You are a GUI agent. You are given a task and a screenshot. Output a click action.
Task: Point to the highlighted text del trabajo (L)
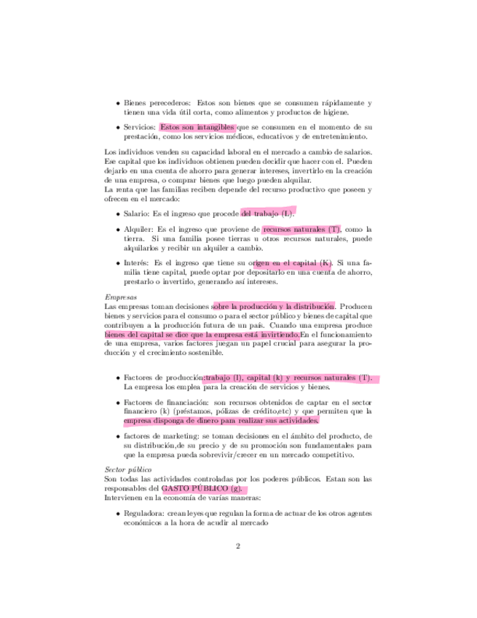tap(268, 214)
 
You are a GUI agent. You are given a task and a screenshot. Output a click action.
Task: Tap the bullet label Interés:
tap(138, 262)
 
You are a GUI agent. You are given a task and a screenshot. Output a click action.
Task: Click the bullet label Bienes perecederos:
tap(157, 103)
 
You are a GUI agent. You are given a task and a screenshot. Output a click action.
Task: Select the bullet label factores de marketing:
tap(162, 435)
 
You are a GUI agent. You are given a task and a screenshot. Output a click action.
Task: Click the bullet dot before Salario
tap(118, 214)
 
